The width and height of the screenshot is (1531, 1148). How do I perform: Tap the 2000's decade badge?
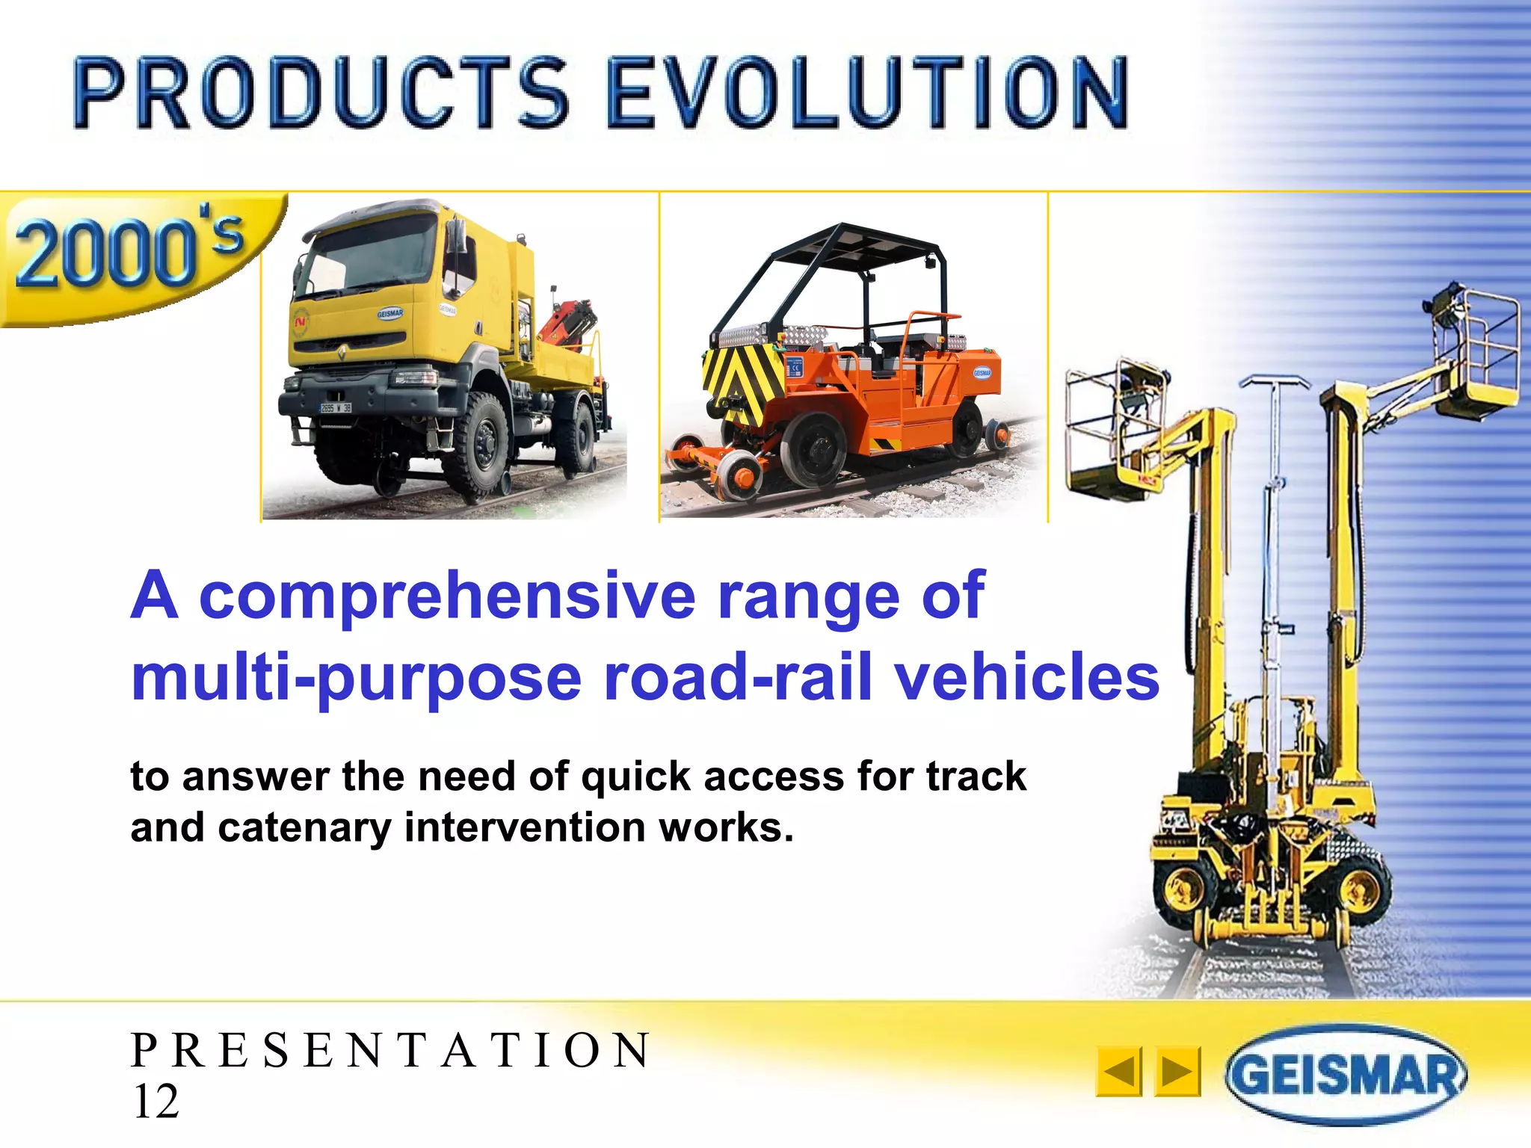[x=131, y=254]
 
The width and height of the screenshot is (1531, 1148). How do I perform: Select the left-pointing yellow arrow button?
[x=1118, y=1072]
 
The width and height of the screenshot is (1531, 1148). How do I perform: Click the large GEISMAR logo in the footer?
[x=1346, y=1075]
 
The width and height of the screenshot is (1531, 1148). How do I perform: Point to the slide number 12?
[x=155, y=1102]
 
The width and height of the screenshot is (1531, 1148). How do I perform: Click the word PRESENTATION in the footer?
[x=390, y=1050]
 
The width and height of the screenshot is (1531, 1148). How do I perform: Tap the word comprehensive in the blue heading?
[x=447, y=596]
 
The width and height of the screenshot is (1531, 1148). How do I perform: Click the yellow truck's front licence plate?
[x=336, y=408]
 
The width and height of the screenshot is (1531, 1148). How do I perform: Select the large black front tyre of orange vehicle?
[x=813, y=448]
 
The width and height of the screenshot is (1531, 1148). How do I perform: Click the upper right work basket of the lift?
[x=1476, y=351]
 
